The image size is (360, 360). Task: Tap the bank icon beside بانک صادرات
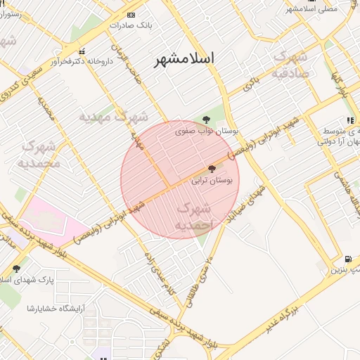coord(131,15)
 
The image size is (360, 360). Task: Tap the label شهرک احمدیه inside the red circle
coord(193,217)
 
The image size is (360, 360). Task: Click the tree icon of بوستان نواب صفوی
coord(206,120)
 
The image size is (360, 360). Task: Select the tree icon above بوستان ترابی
coord(212,168)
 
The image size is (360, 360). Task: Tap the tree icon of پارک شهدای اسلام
coord(16,268)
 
